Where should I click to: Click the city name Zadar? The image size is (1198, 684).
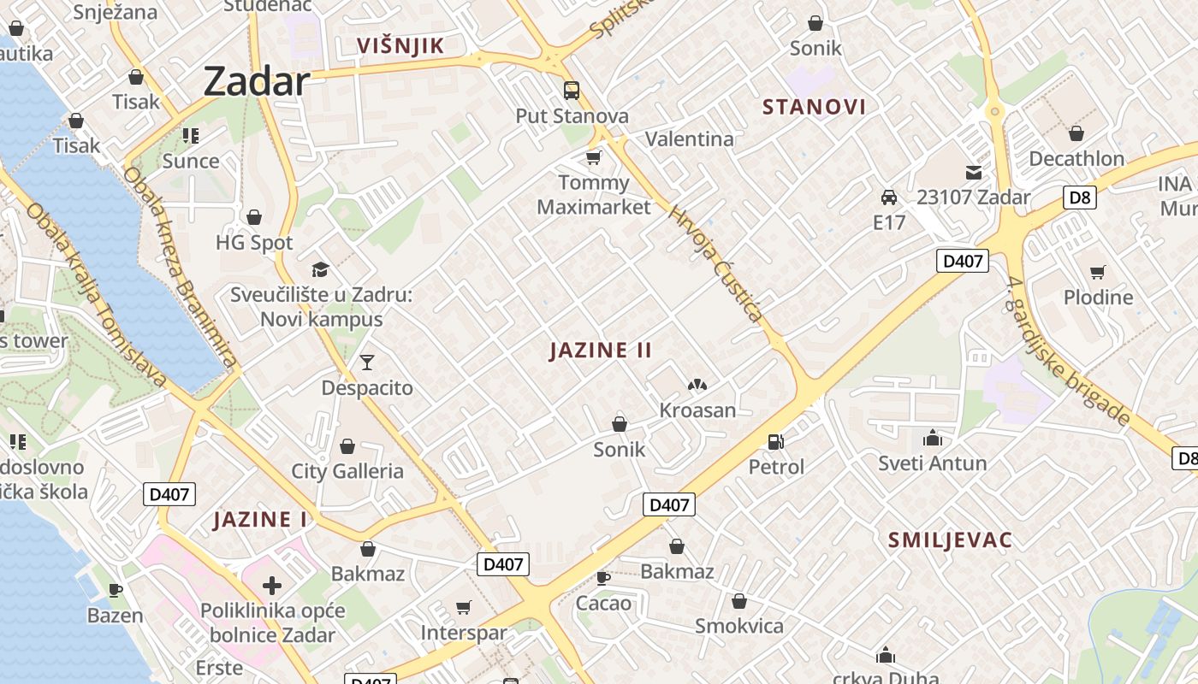pos(256,81)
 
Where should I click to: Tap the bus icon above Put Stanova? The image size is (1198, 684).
pos(571,90)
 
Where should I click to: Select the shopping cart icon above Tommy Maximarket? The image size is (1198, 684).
pos(593,157)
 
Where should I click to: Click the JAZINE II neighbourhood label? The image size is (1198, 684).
pos(601,350)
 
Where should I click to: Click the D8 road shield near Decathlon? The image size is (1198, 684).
pos(1081,198)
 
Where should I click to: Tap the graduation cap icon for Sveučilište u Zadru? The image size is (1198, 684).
pos(320,269)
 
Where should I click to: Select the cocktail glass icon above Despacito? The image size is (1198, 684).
pos(367,363)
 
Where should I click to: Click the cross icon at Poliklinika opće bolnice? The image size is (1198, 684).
pos(272,586)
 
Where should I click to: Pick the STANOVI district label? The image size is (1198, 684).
pos(814,107)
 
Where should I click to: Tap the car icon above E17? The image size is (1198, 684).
pos(889,198)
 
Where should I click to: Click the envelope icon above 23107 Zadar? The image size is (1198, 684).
pos(974,172)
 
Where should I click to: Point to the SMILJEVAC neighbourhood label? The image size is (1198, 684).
pos(950,540)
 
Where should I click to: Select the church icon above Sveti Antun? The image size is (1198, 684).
pos(933,439)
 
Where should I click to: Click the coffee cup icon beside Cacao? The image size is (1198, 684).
pos(603,578)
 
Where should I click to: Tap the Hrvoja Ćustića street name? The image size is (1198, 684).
pos(715,264)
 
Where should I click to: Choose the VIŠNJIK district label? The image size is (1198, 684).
pos(400,46)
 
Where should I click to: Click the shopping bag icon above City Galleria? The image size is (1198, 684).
pos(347,446)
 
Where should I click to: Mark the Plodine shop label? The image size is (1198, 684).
pos(1098,298)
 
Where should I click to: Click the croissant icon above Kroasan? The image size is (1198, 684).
pos(697,386)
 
